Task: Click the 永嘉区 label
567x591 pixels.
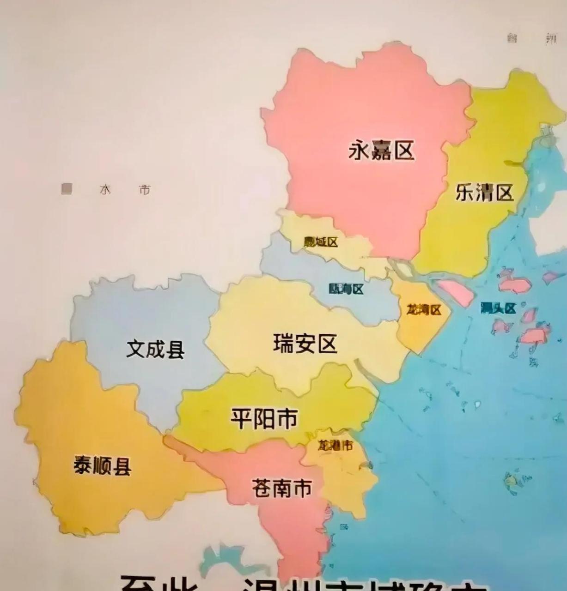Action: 381,151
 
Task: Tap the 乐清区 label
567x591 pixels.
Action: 484,192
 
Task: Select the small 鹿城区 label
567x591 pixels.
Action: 321,242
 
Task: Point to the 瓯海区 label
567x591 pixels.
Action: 346,289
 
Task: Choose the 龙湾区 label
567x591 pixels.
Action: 424,309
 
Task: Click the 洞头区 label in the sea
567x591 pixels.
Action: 498,308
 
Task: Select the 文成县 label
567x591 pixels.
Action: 155,349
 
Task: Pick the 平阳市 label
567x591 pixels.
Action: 264,418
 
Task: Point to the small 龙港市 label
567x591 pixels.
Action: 335,446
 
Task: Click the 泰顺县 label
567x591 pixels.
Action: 103,465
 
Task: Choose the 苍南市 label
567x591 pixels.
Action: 281,488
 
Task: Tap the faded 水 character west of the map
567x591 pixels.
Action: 105,190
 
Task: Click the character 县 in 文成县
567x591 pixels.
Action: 176,350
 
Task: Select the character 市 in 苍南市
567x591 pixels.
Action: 303,488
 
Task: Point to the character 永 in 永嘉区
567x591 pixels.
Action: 360,151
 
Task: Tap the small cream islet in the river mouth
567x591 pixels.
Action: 402,269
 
